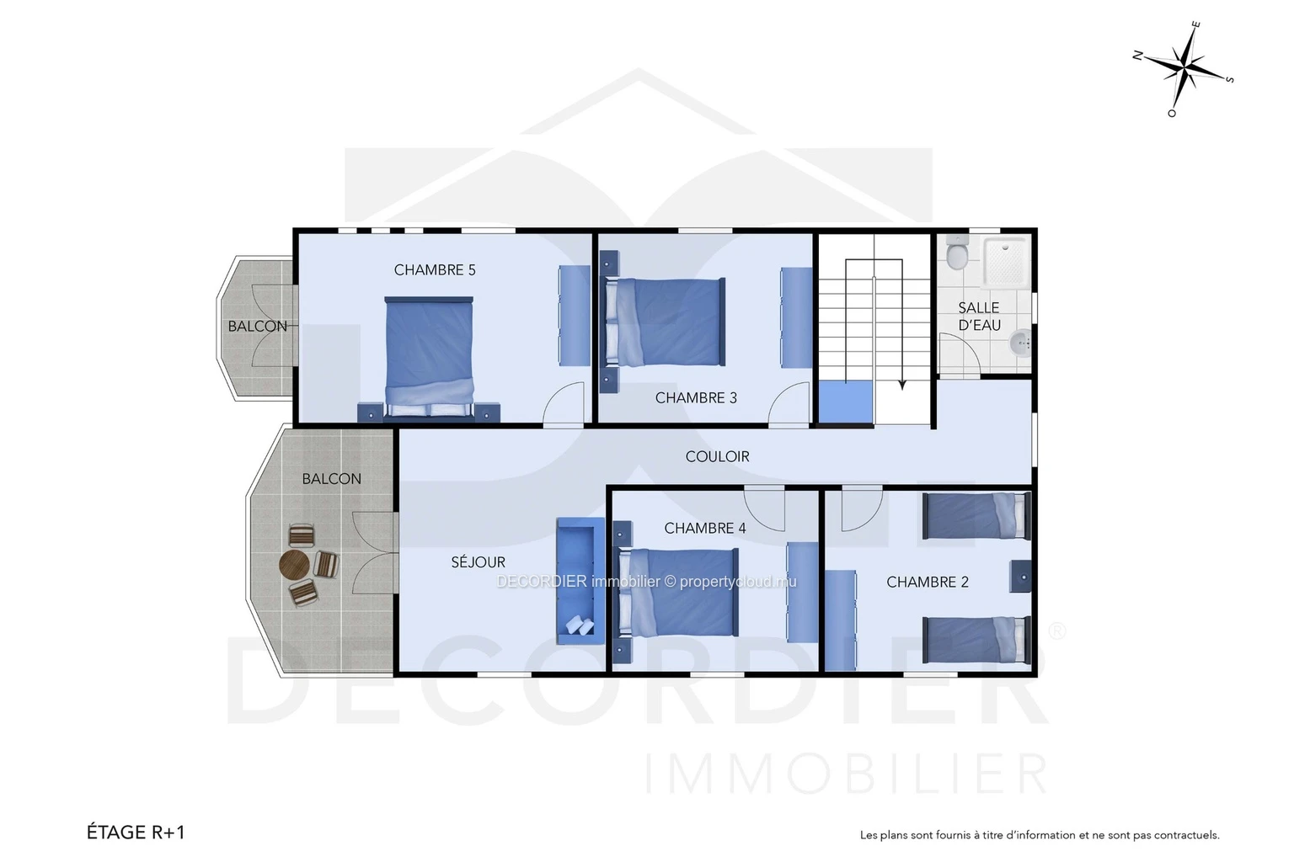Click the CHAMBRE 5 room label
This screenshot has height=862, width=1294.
tap(435, 269)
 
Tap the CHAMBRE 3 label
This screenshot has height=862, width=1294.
tap(696, 398)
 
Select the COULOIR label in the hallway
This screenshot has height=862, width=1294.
tap(718, 457)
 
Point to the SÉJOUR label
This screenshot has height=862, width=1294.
tap(479, 561)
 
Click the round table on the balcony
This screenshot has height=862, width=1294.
tap(294, 564)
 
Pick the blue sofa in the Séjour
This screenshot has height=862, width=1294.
tap(580, 581)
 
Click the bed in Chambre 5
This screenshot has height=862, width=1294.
tap(429, 357)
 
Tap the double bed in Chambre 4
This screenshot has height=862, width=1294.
tap(678, 593)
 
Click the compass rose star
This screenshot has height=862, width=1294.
tap(1184, 69)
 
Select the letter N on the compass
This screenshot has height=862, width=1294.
tap(1137, 56)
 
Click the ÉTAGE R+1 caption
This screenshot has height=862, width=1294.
tap(136, 833)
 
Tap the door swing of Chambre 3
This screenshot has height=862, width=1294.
tap(790, 404)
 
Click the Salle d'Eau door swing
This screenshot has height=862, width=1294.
tap(959, 355)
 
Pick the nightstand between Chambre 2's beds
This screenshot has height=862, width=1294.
tap(1021, 577)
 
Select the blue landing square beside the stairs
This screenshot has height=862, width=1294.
tap(846, 402)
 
